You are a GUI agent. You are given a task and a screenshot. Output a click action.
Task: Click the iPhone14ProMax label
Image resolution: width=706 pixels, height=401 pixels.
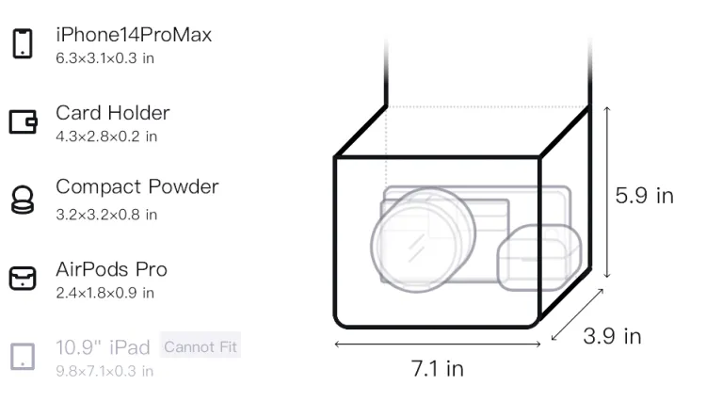[x=134, y=35]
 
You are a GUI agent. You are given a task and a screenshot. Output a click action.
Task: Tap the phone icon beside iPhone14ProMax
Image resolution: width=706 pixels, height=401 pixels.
[x=23, y=43]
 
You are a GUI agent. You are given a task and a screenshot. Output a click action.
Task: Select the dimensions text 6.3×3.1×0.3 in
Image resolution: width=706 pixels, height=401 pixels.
[x=104, y=58]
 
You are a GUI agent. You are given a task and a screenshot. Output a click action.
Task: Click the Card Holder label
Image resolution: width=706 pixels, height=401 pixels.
[x=113, y=113]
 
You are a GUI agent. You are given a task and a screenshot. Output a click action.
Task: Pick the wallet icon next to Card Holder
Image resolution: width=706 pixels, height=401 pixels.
[x=23, y=122]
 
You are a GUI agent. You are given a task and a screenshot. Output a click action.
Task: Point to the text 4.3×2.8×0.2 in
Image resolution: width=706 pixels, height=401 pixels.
[x=106, y=136]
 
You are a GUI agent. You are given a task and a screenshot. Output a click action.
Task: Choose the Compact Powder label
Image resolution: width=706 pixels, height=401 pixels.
[x=137, y=186]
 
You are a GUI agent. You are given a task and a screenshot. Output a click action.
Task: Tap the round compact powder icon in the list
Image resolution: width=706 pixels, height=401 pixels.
[x=23, y=200]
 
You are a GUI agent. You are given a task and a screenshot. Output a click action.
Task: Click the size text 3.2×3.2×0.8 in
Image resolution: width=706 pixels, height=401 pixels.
[x=106, y=215]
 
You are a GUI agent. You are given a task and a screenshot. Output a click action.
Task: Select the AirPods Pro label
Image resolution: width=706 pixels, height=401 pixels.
[x=112, y=269]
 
